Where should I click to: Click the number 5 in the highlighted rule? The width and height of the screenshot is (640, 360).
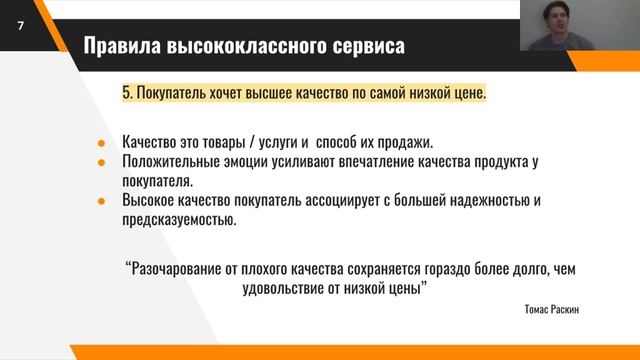click(126, 94)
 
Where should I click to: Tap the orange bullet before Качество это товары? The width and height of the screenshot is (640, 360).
click(101, 142)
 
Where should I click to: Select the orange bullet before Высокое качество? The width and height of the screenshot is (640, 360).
click(101, 200)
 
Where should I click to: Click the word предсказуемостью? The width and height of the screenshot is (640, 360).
click(179, 219)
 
